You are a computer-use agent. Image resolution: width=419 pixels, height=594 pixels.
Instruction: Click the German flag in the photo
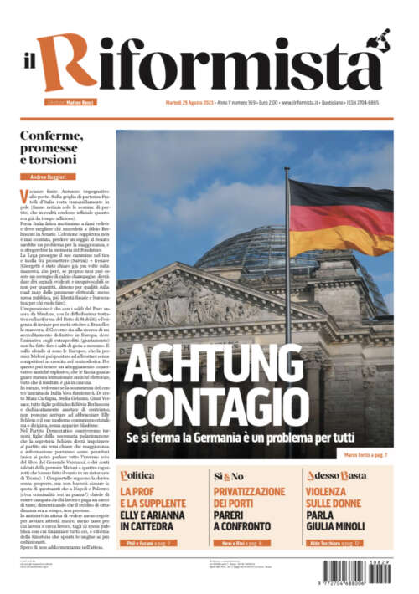click(339, 215)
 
